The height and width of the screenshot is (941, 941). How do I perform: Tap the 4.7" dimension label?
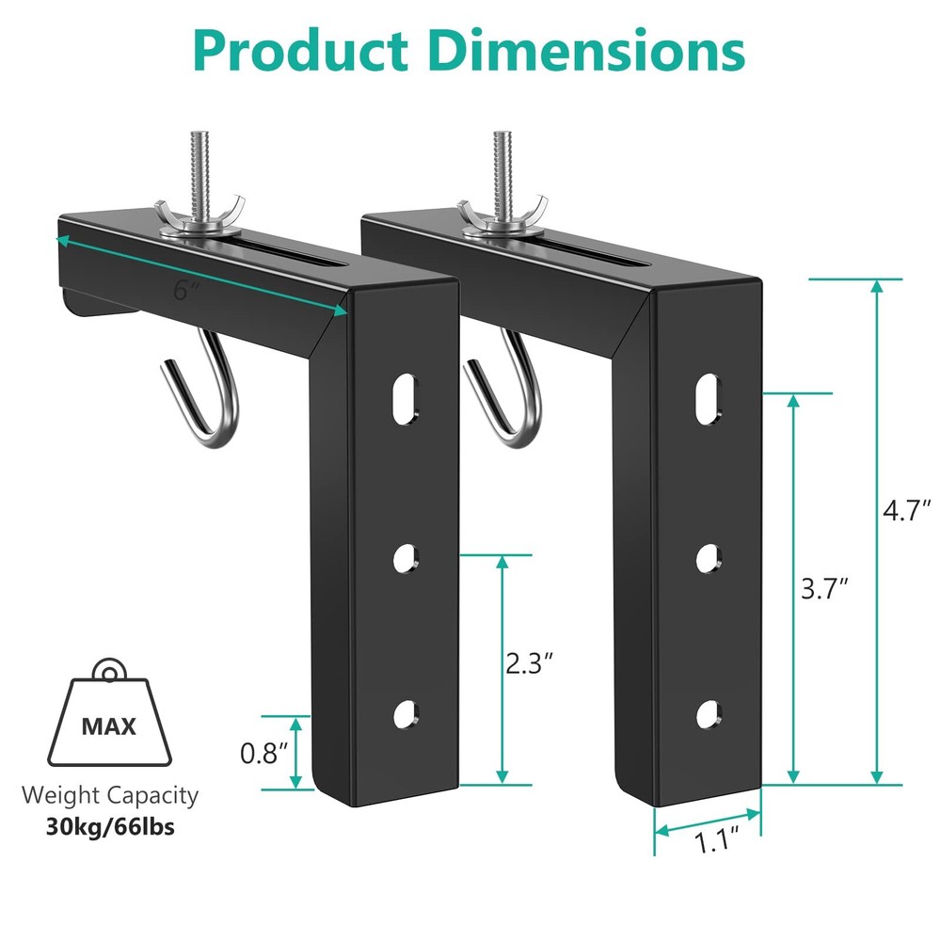click(x=907, y=512)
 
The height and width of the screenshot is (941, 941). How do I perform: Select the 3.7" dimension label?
click(x=825, y=589)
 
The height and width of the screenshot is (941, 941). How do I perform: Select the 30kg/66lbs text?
click(x=111, y=828)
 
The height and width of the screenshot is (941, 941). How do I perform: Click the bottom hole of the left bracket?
click(x=405, y=714)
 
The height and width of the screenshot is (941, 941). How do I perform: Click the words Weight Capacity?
click(x=111, y=795)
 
